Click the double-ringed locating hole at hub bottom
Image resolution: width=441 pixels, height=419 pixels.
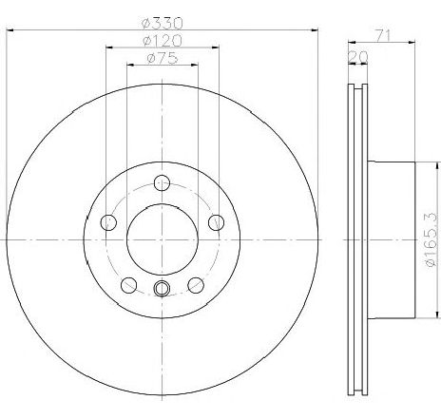coord(161,291)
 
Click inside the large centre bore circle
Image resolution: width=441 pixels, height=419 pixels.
coord(161,238)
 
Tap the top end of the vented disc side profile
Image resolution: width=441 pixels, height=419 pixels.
coord(356,88)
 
